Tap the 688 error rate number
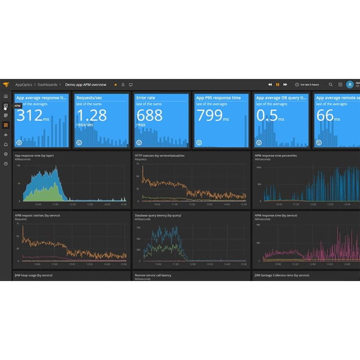149,115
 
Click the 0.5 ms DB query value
267,115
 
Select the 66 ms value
325,115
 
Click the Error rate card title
146,98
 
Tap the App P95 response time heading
218,98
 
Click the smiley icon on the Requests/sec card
79,143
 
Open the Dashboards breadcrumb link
48,85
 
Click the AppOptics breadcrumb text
24,85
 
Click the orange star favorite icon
116,85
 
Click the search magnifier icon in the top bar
331,85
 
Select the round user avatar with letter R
350,85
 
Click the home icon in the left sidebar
6,96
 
